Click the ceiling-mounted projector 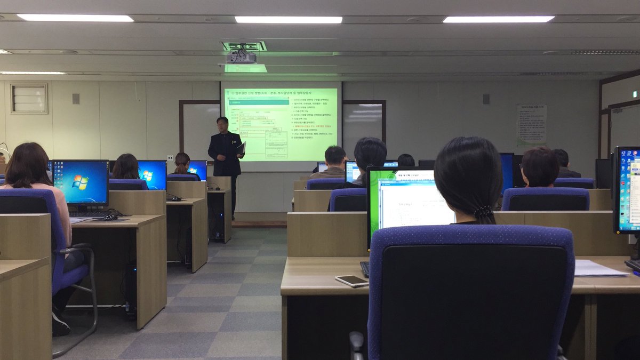point(241,57)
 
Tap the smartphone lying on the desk point(351,281)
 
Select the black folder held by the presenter point(241,149)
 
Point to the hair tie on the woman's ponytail point(483,212)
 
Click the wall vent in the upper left point(29,99)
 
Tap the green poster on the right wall point(531,125)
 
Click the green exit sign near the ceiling point(634,94)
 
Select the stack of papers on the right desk point(600,268)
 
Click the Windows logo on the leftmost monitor point(81,182)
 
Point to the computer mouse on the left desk point(110,217)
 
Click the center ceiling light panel point(289,20)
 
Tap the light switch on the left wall point(76,99)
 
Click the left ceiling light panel point(75,18)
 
